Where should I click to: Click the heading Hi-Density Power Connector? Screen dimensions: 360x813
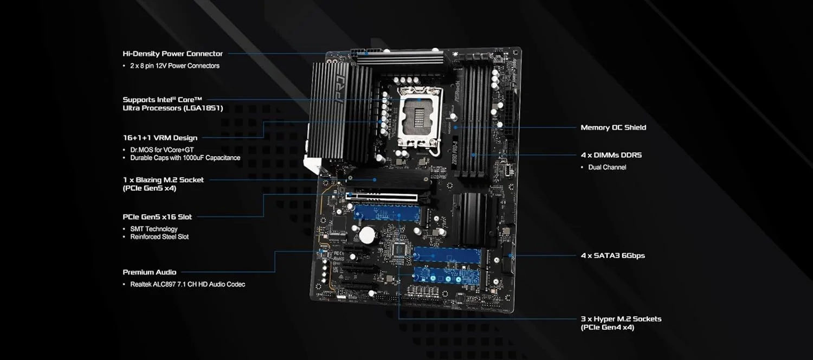click(x=172, y=54)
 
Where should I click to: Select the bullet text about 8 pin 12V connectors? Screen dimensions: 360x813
click(x=175, y=66)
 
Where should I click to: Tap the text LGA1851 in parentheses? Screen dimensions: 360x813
click(x=204, y=108)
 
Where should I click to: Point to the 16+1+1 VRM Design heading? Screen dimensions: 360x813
click(x=160, y=138)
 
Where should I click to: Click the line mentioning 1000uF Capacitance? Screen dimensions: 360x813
click(x=185, y=158)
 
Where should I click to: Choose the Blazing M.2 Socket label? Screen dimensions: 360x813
click(x=163, y=179)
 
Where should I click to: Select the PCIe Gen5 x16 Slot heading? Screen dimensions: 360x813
click(x=157, y=217)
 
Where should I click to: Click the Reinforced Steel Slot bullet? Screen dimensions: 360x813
click(x=159, y=237)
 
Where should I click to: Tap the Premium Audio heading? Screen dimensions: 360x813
click(x=149, y=272)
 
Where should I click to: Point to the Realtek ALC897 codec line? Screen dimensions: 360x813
click(x=188, y=284)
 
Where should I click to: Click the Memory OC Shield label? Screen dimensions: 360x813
click(x=613, y=127)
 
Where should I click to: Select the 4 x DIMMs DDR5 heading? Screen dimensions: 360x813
click(x=611, y=155)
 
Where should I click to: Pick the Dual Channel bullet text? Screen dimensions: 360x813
click(x=607, y=168)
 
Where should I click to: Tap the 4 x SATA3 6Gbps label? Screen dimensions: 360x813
click(x=612, y=255)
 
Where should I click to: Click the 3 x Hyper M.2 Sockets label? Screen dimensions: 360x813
click(x=621, y=319)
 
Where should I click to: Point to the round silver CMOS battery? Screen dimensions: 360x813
click(x=368, y=234)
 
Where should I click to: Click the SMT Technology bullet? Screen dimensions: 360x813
click(x=153, y=229)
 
